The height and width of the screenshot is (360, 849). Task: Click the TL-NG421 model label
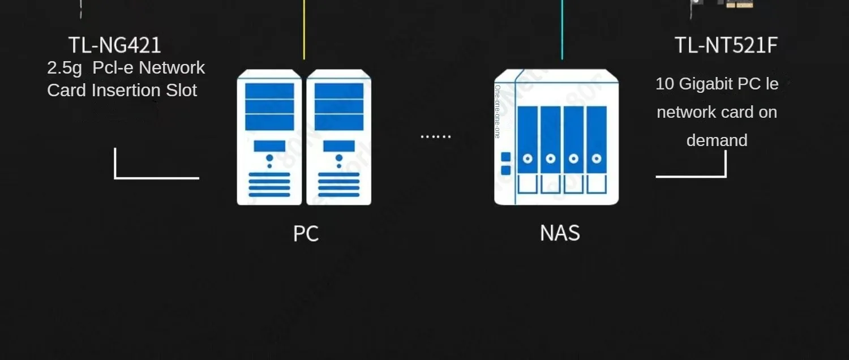tap(115, 45)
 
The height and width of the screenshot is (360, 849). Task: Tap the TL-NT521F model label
tap(726, 45)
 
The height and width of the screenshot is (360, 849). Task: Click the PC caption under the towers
tap(306, 233)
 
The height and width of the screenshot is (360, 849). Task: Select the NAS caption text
tap(560, 233)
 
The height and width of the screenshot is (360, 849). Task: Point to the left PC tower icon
tap(269, 137)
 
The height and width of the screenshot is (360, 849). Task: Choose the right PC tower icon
tap(338, 137)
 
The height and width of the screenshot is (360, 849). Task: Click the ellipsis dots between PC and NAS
tap(435, 136)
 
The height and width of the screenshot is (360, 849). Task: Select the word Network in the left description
tap(171, 68)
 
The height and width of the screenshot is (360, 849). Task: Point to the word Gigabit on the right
tap(705, 84)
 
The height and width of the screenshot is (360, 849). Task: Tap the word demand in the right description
tap(717, 140)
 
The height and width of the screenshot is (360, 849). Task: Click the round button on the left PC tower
tap(269, 158)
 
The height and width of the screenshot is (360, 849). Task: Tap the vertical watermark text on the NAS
tap(497, 112)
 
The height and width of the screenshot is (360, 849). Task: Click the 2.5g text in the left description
tap(65, 68)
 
